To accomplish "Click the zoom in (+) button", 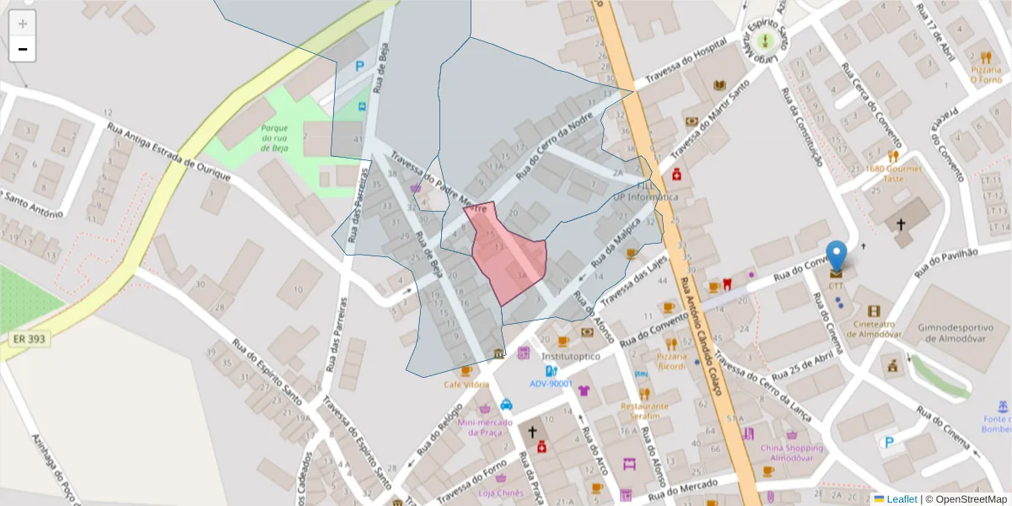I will click(23, 24).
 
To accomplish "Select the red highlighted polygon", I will click(509, 257).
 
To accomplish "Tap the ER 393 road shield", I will click(30, 339).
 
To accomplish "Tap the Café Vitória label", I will click(466, 385).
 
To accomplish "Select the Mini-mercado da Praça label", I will click(485, 428).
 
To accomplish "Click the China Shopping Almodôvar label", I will click(792, 453).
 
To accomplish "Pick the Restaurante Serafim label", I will click(644, 411).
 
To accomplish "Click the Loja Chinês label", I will click(501, 493).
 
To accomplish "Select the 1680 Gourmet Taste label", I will click(893, 174).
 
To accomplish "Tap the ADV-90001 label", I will click(551, 384).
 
